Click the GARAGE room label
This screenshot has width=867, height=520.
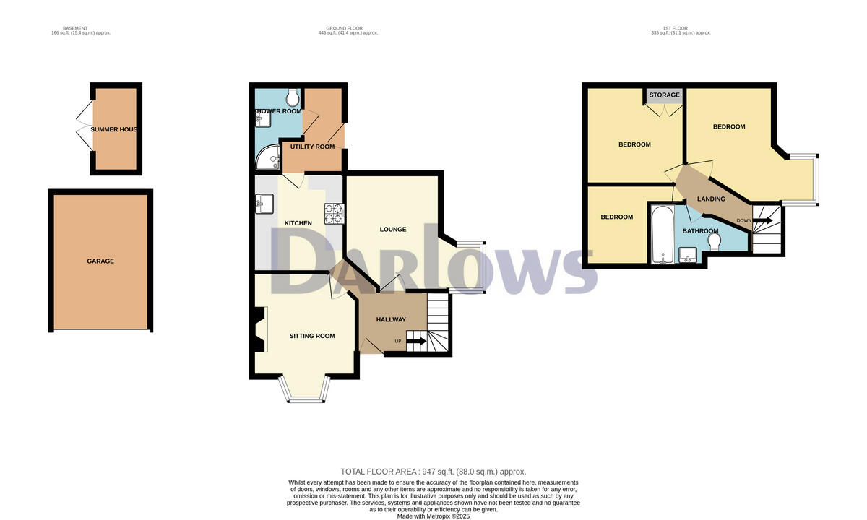(x=100, y=261)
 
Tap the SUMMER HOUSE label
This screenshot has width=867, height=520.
(x=114, y=129)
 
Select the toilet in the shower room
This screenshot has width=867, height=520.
(x=293, y=97)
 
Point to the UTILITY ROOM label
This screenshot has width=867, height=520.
(x=312, y=147)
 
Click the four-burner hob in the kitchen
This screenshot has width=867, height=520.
(x=334, y=213)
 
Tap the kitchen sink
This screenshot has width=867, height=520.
(x=260, y=206)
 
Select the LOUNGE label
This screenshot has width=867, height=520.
(x=393, y=230)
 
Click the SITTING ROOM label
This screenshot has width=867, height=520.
(x=312, y=336)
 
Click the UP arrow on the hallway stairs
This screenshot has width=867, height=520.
(x=415, y=342)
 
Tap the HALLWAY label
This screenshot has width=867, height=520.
(x=391, y=319)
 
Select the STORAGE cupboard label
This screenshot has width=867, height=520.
(x=664, y=95)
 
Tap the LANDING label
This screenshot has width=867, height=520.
(x=711, y=199)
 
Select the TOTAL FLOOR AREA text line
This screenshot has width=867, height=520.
(x=433, y=472)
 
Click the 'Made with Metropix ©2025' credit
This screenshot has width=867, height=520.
(x=433, y=516)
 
